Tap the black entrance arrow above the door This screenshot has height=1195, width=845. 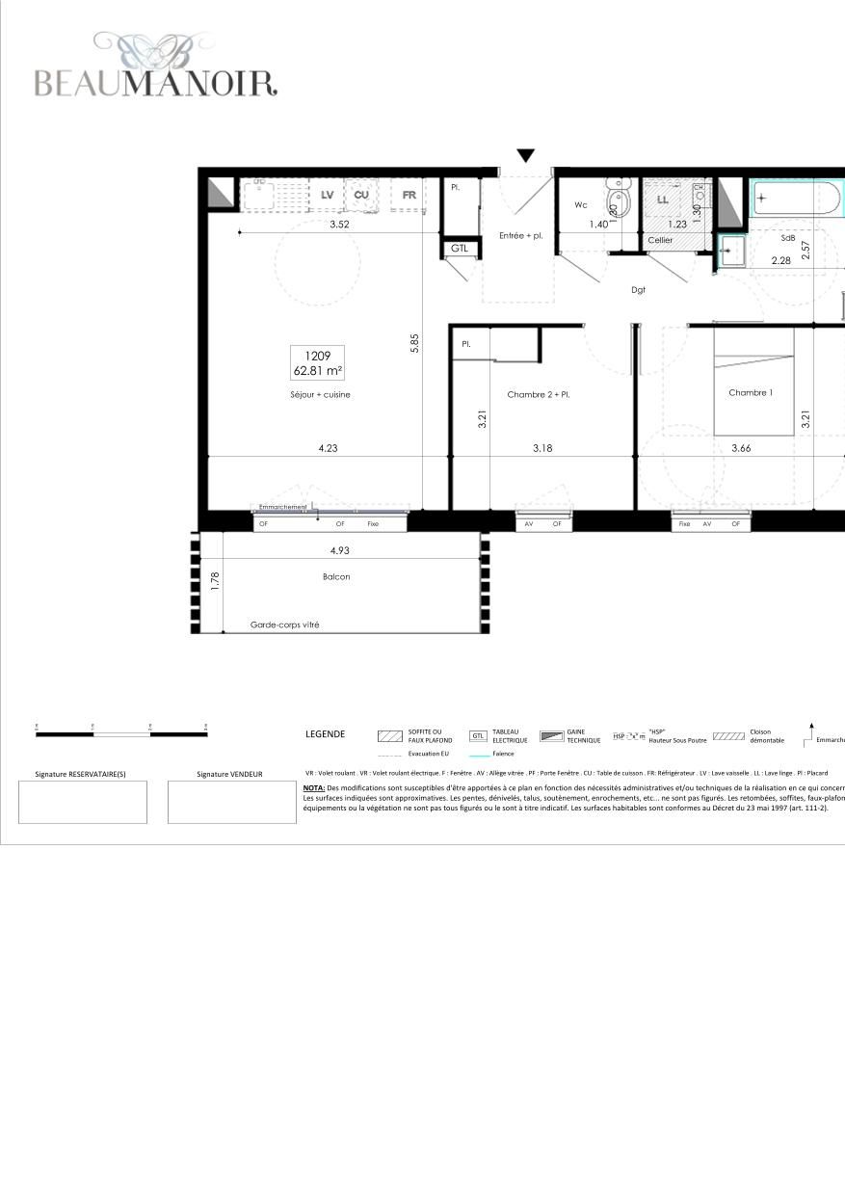pyautogui.click(x=525, y=156)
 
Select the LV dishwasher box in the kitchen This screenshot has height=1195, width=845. pyautogui.click(x=327, y=195)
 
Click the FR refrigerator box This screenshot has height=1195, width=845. pyautogui.click(x=409, y=195)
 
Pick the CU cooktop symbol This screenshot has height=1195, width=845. pyautogui.click(x=361, y=195)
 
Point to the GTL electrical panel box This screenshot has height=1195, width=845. pyautogui.click(x=460, y=248)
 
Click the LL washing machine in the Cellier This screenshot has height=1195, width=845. pyautogui.click(x=662, y=199)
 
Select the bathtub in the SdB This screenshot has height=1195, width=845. pyautogui.click(x=796, y=199)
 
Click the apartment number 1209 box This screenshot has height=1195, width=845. pyautogui.click(x=317, y=363)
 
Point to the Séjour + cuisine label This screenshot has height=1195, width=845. pyautogui.click(x=320, y=394)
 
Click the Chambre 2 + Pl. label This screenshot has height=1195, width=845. pyautogui.click(x=539, y=394)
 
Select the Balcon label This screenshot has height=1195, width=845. pyautogui.click(x=336, y=576)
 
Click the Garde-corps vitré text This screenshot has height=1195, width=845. pyautogui.click(x=284, y=624)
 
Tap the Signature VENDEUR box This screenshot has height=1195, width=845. pyautogui.click(x=231, y=802)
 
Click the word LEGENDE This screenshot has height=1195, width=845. pyautogui.click(x=325, y=734)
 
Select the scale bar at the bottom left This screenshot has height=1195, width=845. pyautogui.click(x=121, y=733)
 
